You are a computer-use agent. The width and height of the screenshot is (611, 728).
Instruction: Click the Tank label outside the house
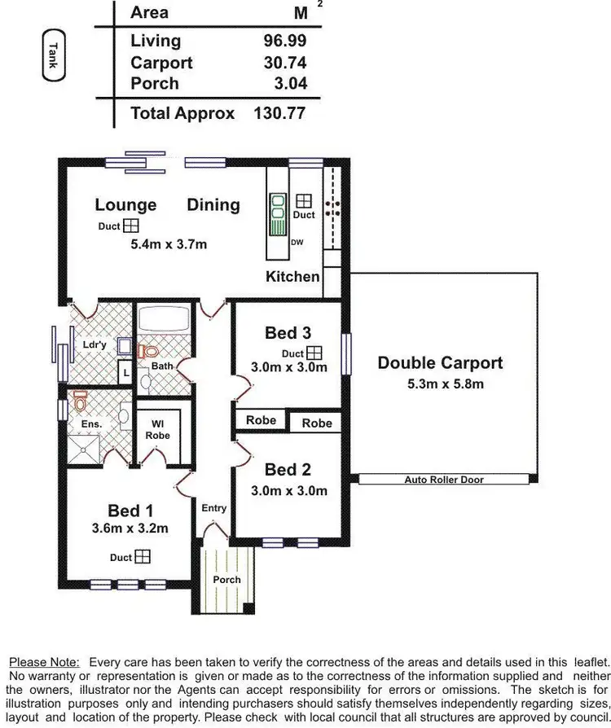point(54,56)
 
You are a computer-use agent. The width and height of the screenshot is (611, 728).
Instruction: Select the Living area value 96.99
point(284,41)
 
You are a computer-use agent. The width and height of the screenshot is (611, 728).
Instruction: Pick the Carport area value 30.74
point(284,63)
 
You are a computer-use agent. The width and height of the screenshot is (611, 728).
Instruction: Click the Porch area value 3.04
point(289,84)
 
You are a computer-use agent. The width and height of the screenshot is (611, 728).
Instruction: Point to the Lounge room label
point(125,205)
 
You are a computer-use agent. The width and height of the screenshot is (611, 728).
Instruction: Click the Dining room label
point(213,205)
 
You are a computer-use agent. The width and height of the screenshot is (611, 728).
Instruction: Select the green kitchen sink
point(278,214)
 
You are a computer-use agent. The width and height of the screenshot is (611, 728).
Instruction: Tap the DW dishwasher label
point(297,242)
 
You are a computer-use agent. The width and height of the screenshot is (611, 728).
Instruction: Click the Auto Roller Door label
point(444,480)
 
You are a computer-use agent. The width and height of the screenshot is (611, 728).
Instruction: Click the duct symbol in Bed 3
point(314,353)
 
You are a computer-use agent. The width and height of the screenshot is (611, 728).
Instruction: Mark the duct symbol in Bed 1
point(143,557)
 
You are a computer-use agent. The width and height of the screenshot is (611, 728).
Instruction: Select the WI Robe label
point(158,429)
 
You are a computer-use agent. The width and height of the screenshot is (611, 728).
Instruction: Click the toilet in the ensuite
point(80,400)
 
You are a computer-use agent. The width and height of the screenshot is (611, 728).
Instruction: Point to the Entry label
point(214,508)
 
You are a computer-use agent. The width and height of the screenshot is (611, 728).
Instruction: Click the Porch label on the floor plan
point(227,580)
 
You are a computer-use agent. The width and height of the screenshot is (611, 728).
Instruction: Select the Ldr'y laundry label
point(95,344)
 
